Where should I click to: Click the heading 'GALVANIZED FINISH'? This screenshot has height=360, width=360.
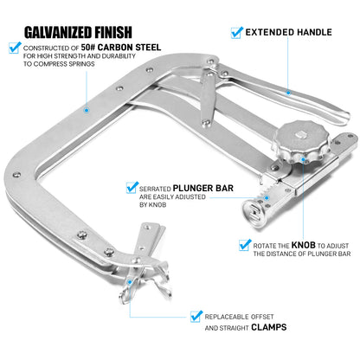click(78, 32)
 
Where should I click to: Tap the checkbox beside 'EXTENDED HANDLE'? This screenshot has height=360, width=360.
click(237, 32)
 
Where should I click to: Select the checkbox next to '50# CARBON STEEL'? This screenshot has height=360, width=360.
click(15, 48)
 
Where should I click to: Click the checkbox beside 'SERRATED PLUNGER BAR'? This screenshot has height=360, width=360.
click(132, 188)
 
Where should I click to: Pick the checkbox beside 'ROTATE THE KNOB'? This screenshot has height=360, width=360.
click(245, 245)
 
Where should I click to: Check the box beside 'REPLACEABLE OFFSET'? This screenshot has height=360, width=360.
click(196, 316)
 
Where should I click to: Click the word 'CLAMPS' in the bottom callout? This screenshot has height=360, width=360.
click(269, 327)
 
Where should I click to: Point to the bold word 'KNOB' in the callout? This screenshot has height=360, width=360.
click(304, 245)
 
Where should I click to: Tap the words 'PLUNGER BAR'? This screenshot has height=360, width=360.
click(203, 188)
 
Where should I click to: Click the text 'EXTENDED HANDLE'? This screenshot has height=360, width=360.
click(288, 32)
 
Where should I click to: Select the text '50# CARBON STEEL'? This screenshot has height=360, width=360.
click(121, 47)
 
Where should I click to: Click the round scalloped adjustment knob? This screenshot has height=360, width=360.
click(299, 142)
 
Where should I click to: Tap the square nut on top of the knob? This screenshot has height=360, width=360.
click(301, 134)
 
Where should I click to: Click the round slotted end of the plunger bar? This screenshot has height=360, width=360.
click(254, 214)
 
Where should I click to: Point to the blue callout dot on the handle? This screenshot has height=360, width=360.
click(288, 93)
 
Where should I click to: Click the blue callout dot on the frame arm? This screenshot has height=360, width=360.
click(87, 110)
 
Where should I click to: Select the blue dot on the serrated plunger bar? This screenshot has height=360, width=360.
click(267, 198)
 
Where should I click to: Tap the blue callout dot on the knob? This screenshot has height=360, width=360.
click(303, 159)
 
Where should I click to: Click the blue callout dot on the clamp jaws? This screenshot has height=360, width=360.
click(130, 281)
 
